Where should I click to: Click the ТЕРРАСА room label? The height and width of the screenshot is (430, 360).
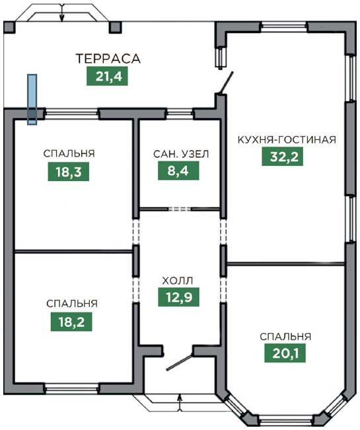[108, 59]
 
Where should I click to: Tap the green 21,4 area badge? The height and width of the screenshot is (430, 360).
[107, 76]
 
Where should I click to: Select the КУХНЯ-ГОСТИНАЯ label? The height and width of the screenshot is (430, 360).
[287, 139]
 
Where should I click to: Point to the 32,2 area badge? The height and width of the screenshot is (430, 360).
[283, 157]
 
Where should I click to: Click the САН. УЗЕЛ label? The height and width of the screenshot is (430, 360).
[181, 154]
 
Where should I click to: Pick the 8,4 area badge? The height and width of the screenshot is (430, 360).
[178, 170]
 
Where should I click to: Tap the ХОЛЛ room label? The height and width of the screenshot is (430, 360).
[178, 281]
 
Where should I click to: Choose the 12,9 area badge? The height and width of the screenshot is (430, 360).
[179, 297]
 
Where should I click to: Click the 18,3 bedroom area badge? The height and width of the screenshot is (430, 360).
[69, 172]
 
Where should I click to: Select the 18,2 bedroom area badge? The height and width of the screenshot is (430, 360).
[71, 322]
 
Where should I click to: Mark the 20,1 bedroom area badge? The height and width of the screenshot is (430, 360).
[285, 353]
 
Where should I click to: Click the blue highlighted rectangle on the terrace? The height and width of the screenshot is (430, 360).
[32, 99]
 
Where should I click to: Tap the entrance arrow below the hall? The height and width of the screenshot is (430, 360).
[180, 402]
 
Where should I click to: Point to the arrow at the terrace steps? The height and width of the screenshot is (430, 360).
[62, 13]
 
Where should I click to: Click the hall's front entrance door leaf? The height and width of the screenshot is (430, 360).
[180, 362]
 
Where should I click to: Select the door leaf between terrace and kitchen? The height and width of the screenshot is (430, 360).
[226, 83]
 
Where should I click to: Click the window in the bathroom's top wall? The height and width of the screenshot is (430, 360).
[180, 114]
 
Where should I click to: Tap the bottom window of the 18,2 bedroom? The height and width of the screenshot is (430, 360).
[71, 388]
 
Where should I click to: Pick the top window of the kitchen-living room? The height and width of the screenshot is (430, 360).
[283, 27]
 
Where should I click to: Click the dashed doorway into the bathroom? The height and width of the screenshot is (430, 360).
[180, 209]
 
